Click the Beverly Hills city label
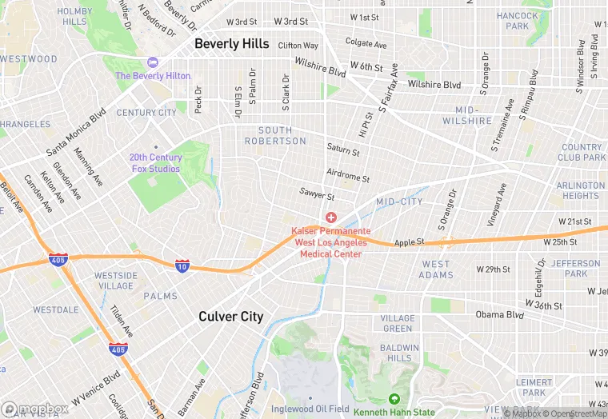pyautogui.click(x=232, y=43)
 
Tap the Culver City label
pyautogui.click(x=230, y=317)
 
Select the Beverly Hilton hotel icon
pyautogui.click(x=153, y=62)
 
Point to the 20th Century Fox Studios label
pyautogui.click(x=156, y=162)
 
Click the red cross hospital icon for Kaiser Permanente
pyautogui.click(x=330, y=217)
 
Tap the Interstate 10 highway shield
pyautogui.click(x=182, y=265)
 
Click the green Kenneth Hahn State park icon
pyautogui.click(x=393, y=399)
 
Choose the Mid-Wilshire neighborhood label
pyautogui.click(x=473, y=115)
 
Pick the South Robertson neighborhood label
pyautogui.click(x=282, y=136)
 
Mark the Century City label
pyautogui.click(x=146, y=113)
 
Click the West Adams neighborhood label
pyautogui.click(x=436, y=269)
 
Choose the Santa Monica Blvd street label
pyautogui.click(x=76, y=133)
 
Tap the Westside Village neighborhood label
pyautogui.click(x=114, y=281)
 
